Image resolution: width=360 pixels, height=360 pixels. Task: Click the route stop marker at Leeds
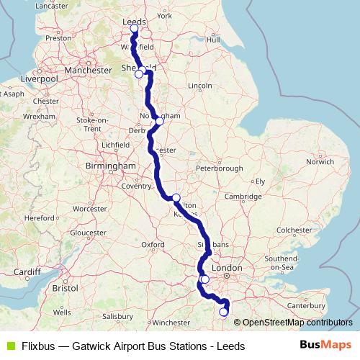[x=134, y=29]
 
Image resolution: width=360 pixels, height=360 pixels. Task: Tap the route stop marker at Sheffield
[x=138, y=73]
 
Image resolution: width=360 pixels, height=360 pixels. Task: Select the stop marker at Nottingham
[x=159, y=121]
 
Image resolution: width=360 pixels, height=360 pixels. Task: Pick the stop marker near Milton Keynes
[x=176, y=197]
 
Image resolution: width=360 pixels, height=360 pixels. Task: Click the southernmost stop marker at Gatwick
[x=223, y=312]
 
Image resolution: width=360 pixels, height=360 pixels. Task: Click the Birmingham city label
[x=112, y=166]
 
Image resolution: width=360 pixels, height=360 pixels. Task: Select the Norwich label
[x=320, y=162]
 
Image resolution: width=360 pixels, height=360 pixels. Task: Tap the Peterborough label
[x=218, y=168]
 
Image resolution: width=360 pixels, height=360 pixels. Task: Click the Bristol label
[x=65, y=287]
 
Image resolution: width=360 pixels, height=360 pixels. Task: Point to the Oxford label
[x=153, y=245]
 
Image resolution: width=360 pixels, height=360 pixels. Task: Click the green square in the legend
[x=9, y=346]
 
